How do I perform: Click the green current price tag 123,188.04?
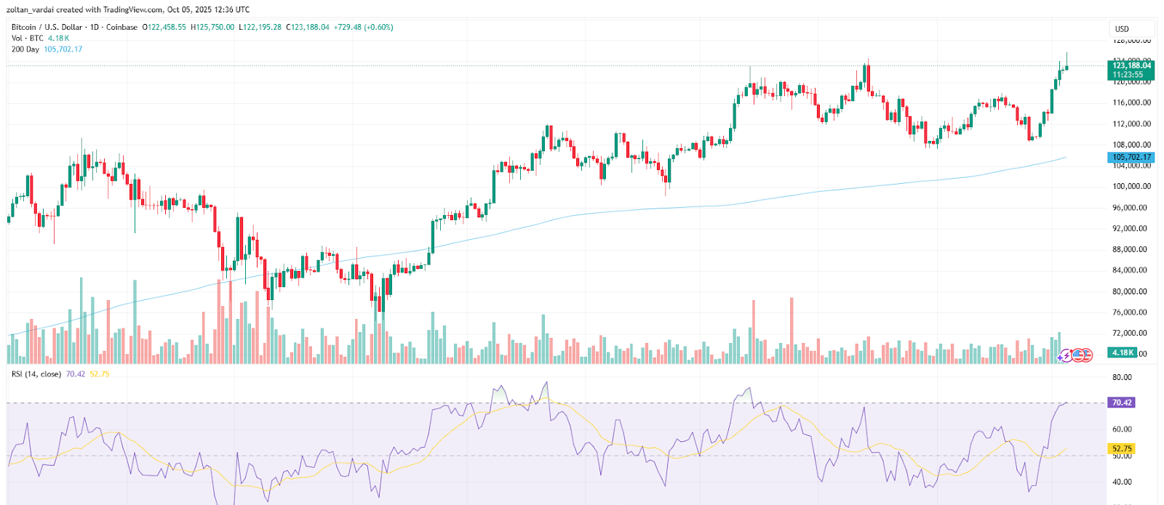pyautogui.click(x=1131, y=65)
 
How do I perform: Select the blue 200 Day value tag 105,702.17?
pyautogui.click(x=1131, y=157)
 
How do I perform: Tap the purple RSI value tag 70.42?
pyautogui.click(x=1121, y=403)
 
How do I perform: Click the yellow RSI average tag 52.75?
pyautogui.click(x=1121, y=449)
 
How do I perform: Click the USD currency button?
pyautogui.click(x=1122, y=29)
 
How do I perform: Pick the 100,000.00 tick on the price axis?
pyautogui.click(x=1131, y=187)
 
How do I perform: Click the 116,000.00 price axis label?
pyautogui.click(x=1131, y=103)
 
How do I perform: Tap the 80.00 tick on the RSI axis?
pyautogui.click(x=1122, y=378)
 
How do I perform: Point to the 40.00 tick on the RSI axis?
pyautogui.click(x=1122, y=482)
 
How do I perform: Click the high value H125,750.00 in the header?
pyautogui.click(x=212, y=27)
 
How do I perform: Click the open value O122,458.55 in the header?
pyautogui.click(x=164, y=27)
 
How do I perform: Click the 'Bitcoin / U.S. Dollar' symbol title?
pyautogui.click(x=47, y=27)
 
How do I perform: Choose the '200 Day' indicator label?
pyautogui.click(x=25, y=49)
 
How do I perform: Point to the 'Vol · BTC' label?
pyautogui.click(x=28, y=39)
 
